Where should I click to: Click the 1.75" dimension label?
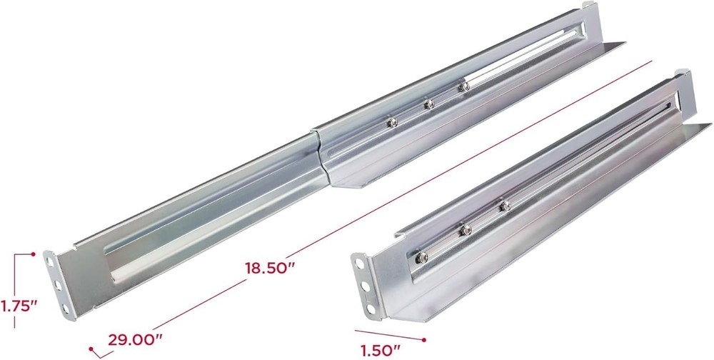click(18, 306)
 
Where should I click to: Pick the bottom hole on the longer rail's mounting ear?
click(66, 308)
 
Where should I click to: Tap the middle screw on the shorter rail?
click(465, 229)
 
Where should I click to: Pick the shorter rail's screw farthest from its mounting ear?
click(504, 206)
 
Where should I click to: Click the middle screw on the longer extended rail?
click(428, 104)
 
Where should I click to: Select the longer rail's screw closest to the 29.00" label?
click(392, 122)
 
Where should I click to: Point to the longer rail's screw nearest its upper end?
click(463, 87)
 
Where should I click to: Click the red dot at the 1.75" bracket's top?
click(34, 254)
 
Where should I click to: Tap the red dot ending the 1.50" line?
click(424, 339)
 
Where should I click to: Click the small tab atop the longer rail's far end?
click(588, 6)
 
